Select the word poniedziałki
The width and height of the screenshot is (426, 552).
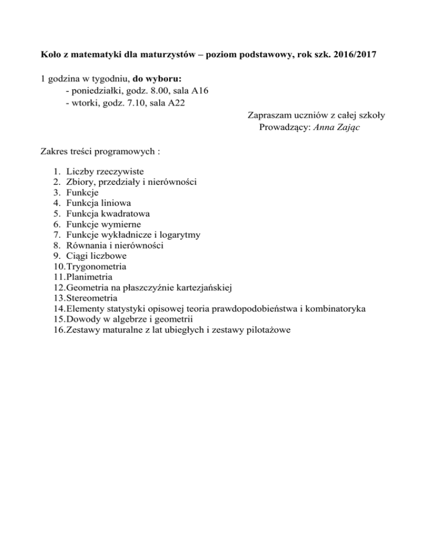point(95,91)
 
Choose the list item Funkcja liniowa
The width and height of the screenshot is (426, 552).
point(98,203)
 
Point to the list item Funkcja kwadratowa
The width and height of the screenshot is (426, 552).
point(107,213)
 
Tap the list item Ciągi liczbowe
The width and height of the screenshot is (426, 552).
point(95,255)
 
